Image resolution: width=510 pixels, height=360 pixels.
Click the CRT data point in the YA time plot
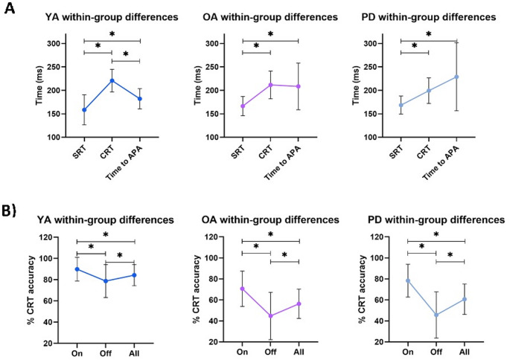112,80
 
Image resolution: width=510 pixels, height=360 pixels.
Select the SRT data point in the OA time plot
243,106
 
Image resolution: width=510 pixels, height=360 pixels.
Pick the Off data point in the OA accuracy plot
271,315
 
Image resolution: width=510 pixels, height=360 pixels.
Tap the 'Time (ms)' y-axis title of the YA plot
45,89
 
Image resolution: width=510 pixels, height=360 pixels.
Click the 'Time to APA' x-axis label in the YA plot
135,161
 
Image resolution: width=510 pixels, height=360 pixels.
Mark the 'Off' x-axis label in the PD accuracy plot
436,351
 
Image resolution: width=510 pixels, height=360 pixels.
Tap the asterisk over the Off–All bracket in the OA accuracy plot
284,255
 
